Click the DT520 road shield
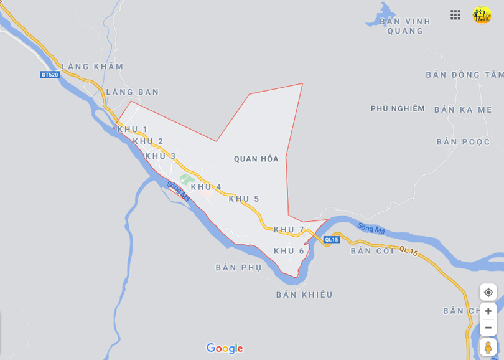49,75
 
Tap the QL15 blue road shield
332,240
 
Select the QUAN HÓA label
256,159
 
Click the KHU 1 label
133,129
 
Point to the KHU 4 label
206,187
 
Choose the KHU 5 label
244,199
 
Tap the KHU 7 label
289,229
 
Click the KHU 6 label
289,250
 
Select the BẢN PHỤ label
239,267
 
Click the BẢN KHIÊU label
304,295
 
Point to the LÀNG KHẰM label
92,67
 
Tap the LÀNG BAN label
133,92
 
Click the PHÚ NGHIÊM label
398,108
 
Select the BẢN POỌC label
464,142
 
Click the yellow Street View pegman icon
488,347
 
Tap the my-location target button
488,292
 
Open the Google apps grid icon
455,15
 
